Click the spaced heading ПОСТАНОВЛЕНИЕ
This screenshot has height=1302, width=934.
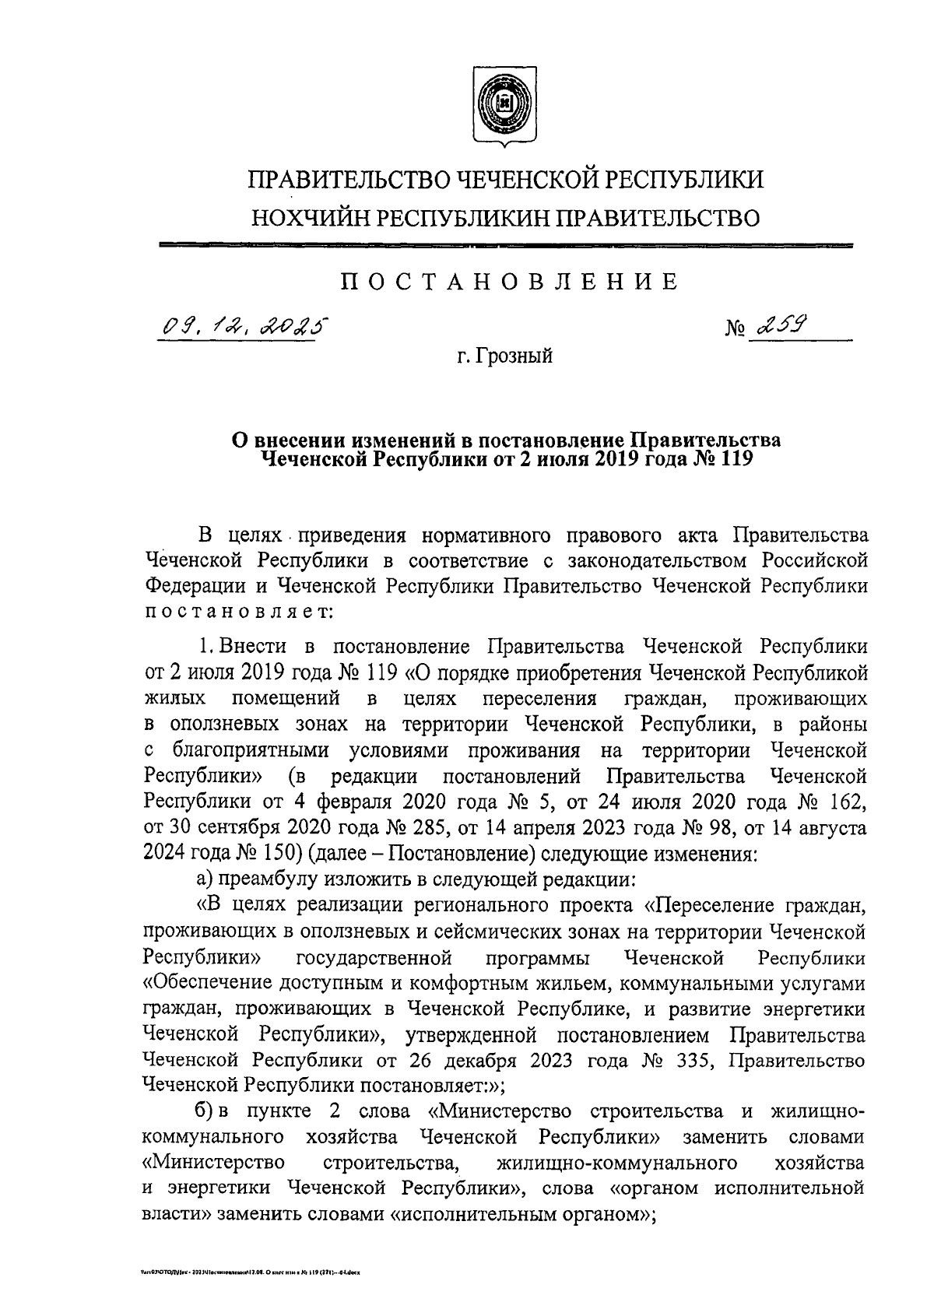click(x=510, y=281)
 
